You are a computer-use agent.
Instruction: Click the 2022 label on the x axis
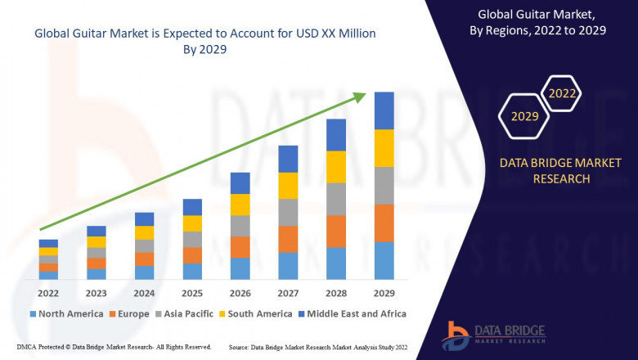48,293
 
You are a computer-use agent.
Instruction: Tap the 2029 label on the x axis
384,293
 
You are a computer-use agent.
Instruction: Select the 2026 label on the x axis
240,293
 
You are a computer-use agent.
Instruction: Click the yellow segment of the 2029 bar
384,148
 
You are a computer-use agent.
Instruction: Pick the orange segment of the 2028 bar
336,232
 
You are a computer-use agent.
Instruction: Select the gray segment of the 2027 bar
288,213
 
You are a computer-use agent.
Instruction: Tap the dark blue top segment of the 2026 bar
240,183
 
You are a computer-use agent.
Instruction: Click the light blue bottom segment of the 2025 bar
192,272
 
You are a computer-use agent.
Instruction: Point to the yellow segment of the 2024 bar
144,233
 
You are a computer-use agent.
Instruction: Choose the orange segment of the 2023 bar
97,263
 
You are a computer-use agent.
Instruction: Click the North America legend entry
66,313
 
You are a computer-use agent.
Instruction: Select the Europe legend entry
128,313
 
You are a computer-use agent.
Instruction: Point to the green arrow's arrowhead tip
365,94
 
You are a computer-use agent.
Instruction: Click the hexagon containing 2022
562,93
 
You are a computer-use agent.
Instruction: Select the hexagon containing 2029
524,116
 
